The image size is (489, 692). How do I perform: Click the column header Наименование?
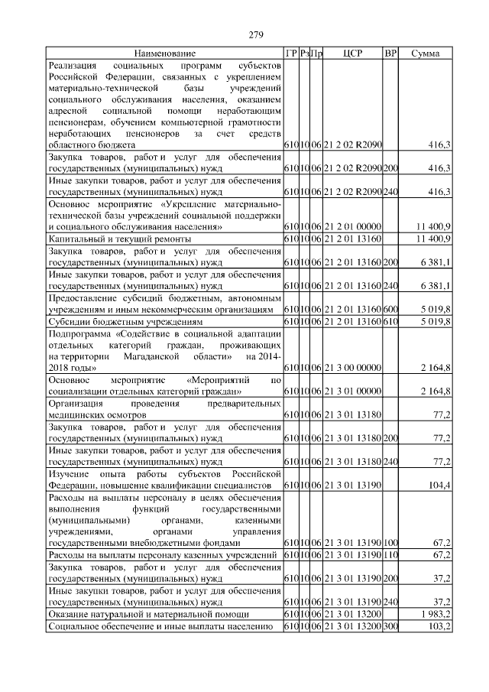(x=164, y=54)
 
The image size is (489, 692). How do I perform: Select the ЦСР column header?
(x=352, y=54)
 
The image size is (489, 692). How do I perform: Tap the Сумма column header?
(x=425, y=54)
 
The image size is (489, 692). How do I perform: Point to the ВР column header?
(x=390, y=54)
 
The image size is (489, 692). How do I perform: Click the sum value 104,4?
(x=439, y=485)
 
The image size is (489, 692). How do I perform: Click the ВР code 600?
(x=390, y=310)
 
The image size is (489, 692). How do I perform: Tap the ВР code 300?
(x=390, y=626)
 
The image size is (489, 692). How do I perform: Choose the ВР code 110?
(x=390, y=554)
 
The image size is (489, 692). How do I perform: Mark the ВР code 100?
(x=390, y=542)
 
